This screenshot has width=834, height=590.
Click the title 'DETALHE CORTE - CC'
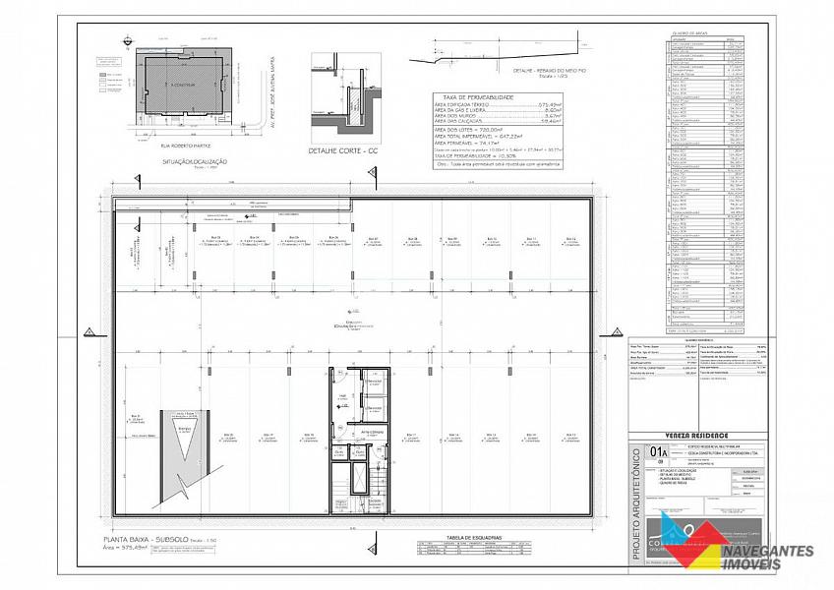343,152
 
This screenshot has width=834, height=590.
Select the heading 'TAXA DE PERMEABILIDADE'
474,97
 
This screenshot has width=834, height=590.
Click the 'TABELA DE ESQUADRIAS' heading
474,537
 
